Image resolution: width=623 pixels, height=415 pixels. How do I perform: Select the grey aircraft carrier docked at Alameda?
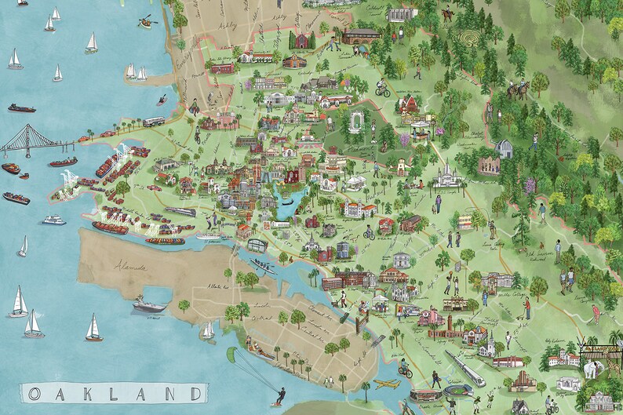[x=149, y=304]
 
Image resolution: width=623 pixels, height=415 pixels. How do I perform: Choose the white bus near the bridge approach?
[x=154, y=122]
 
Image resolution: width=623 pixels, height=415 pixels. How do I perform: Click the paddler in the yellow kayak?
[x=145, y=22]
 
